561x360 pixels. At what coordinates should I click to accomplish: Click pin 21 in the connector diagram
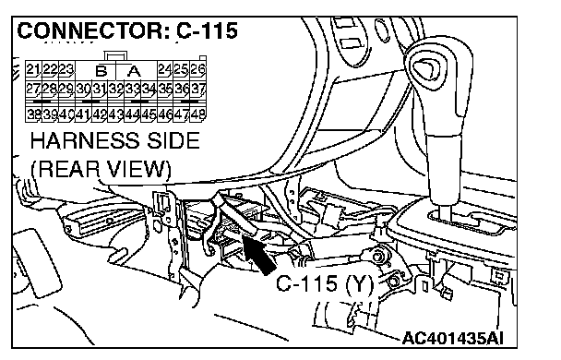(x=33, y=69)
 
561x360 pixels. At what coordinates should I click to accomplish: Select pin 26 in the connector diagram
(x=197, y=69)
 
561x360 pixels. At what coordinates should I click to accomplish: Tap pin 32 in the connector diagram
(x=115, y=89)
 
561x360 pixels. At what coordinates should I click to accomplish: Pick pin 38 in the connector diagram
(x=34, y=114)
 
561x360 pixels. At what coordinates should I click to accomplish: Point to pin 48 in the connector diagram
(x=197, y=114)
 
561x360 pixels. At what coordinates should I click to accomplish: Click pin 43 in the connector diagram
(x=115, y=114)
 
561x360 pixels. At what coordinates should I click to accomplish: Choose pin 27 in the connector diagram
(x=33, y=89)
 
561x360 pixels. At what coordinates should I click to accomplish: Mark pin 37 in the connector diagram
(x=197, y=89)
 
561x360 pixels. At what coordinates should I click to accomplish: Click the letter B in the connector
(x=101, y=71)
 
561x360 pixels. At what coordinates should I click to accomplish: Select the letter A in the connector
(x=134, y=71)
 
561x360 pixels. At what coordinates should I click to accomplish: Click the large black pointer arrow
(x=259, y=255)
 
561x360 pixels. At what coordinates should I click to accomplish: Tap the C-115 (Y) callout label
(x=325, y=284)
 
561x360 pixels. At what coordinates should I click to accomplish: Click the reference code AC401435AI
(x=453, y=338)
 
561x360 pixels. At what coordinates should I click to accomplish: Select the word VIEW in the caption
(x=139, y=169)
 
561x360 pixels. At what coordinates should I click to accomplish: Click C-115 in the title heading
(x=207, y=30)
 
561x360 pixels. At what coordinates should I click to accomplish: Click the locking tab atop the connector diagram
(x=115, y=56)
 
